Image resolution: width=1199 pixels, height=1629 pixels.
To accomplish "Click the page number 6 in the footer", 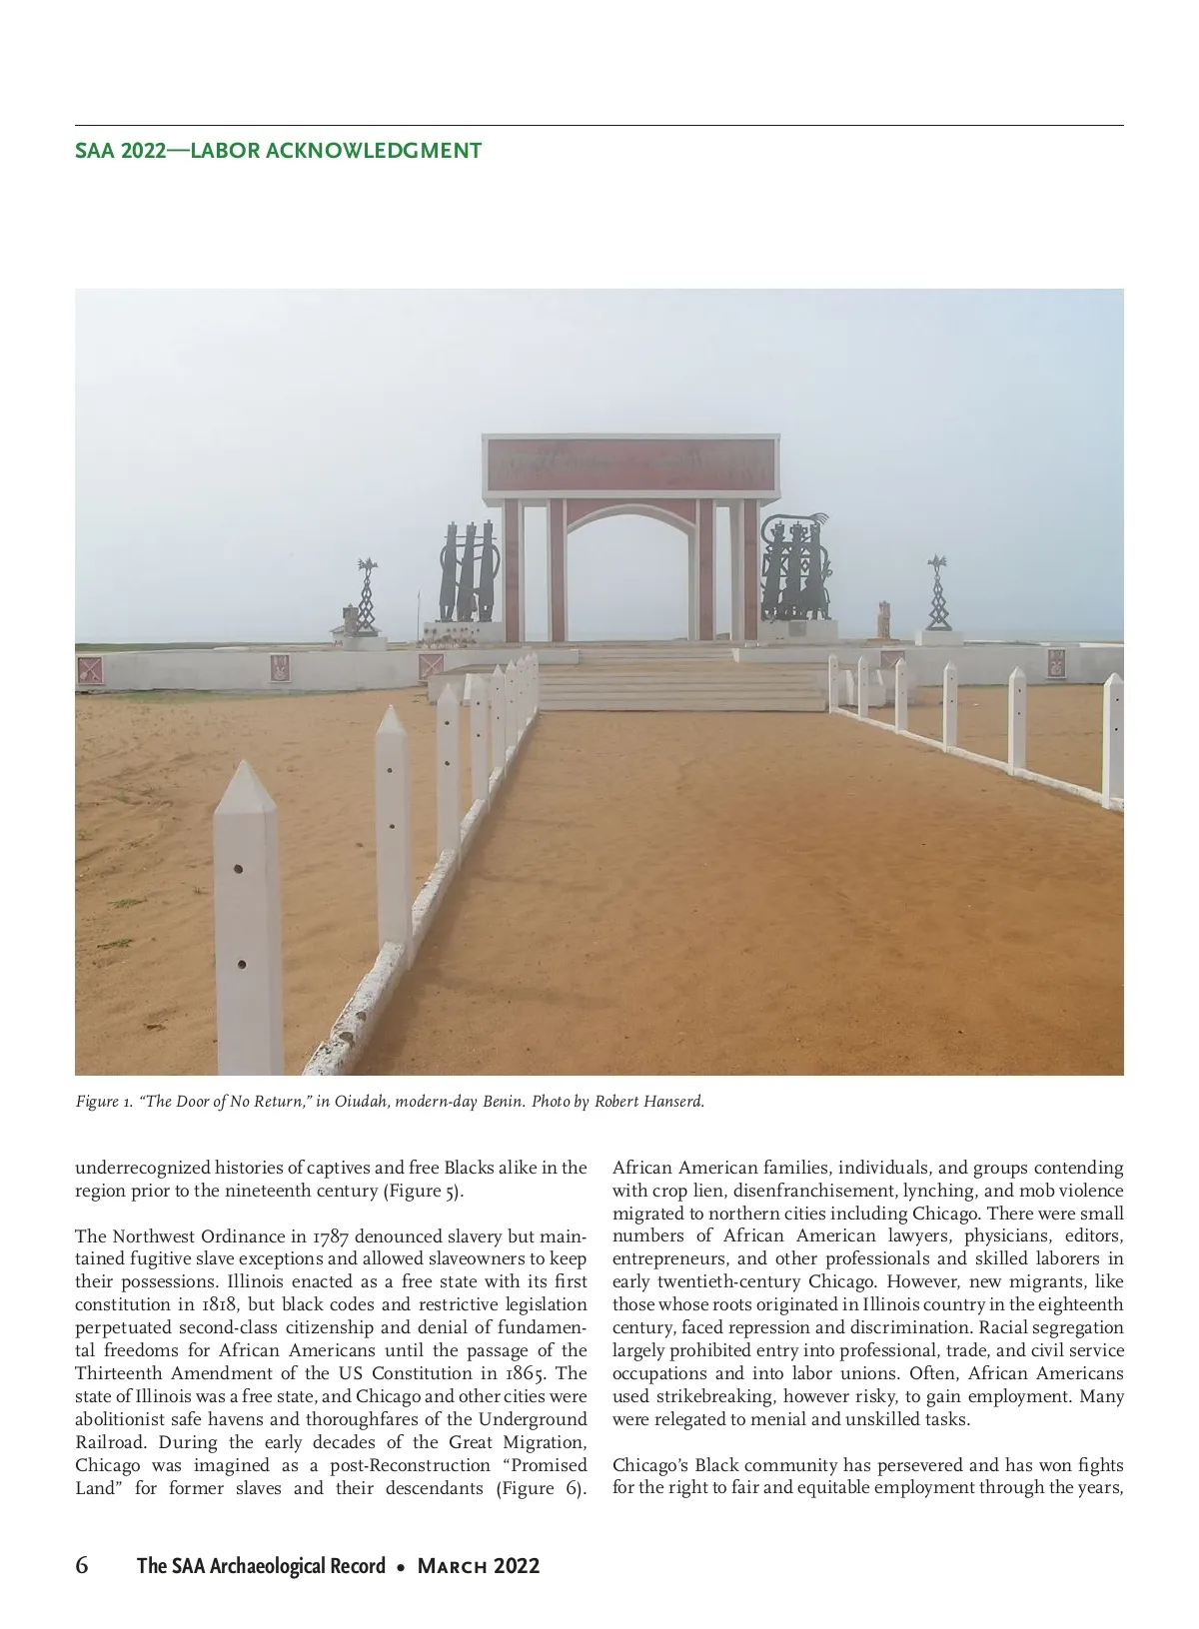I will pos(82,1565).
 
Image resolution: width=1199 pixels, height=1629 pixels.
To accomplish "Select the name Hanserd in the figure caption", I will pos(676,1102).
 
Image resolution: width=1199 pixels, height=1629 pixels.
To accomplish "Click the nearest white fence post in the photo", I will pos(248,919).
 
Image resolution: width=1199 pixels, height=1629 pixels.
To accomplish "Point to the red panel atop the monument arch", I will pos(629,465).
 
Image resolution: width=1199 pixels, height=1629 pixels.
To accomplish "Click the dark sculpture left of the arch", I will pos(467,573).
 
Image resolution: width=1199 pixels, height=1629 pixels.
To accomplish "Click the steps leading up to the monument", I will pos(679,679).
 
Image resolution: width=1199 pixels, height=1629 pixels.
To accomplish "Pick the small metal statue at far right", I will pos(937,593).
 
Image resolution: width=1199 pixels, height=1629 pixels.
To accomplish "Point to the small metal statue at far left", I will pos(367,596).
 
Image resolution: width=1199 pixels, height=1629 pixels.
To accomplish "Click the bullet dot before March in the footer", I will pos(401,1567).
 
